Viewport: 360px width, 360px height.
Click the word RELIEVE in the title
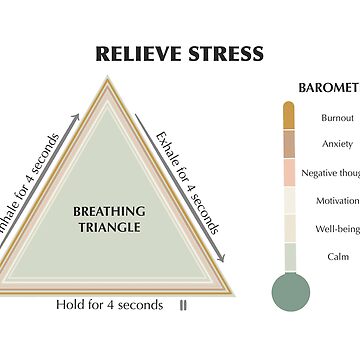[x=138, y=53]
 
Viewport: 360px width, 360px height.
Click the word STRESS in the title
[x=226, y=53]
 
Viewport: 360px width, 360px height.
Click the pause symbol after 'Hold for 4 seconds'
[x=182, y=304]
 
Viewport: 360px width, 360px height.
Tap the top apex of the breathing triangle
[x=110, y=82]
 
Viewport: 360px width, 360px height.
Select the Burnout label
[x=337, y=117]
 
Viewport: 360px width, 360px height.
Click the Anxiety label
[x=337, y=144]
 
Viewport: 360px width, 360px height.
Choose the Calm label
[x=337, y=256]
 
